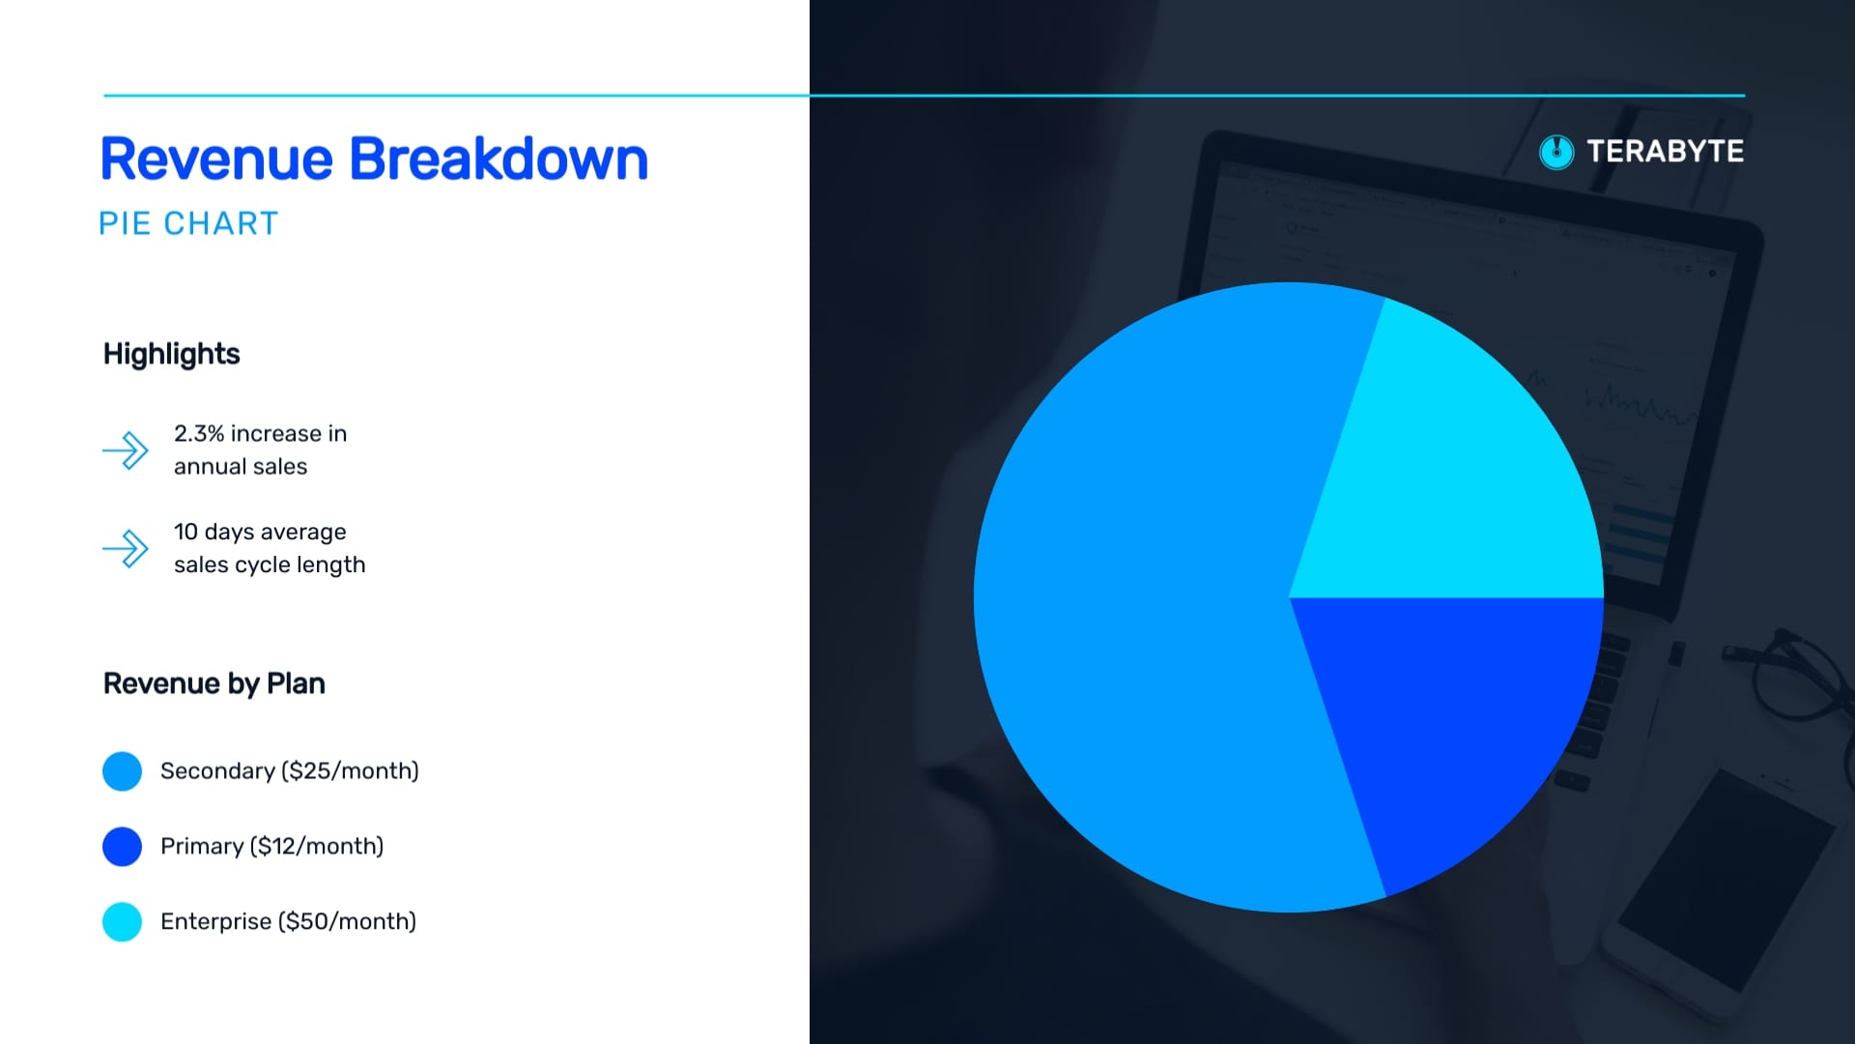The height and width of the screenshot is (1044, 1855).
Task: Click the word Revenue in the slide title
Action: point(216,159)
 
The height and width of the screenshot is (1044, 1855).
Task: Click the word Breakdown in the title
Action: point(499,159)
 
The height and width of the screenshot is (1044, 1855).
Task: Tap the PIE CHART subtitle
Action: point(188,223)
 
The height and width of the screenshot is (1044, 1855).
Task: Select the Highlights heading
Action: point(172,355)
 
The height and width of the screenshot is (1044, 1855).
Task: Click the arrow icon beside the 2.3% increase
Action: point(126,450)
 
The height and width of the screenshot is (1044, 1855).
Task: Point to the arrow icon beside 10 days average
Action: point(126,549)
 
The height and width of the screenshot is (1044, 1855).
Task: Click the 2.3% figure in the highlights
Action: point(198,434)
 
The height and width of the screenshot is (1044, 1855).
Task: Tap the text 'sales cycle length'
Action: point(270,565)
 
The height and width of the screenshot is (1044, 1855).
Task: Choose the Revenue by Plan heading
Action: point(214,683)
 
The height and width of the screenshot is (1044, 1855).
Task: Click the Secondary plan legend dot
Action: point(123,771)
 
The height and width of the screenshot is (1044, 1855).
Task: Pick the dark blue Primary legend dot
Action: point(123,847)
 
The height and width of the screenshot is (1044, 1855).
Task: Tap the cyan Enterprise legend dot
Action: point(123,922)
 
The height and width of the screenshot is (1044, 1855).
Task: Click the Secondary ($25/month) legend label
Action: point(290,771)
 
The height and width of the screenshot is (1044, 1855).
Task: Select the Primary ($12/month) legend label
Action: point(272,847)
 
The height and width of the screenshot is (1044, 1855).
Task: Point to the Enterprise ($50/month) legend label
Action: point(289,922)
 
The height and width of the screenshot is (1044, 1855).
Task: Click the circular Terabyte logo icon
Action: point(1556,152)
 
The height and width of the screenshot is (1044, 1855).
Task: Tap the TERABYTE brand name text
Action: point(1666,152)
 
